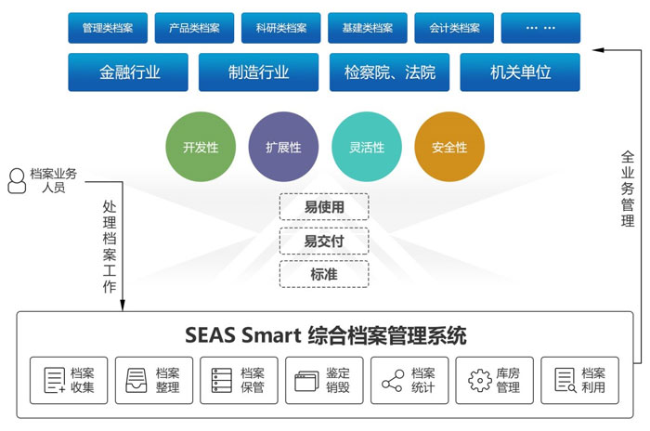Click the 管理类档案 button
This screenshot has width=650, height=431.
108,28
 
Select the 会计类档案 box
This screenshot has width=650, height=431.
454,28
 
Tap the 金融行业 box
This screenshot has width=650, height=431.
129,72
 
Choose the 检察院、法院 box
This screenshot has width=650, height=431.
389,72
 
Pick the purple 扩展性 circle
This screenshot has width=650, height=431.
283,147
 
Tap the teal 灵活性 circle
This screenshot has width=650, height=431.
366,147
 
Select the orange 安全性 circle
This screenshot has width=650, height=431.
449,147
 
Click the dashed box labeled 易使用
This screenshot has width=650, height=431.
324,206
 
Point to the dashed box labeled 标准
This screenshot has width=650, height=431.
324,274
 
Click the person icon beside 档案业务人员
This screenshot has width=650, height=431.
16,180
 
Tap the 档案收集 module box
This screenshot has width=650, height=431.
69,380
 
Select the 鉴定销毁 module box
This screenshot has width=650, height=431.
324,380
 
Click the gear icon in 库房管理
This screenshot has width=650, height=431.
479,380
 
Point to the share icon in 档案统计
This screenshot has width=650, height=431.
391,380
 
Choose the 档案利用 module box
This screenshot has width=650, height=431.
579,380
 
